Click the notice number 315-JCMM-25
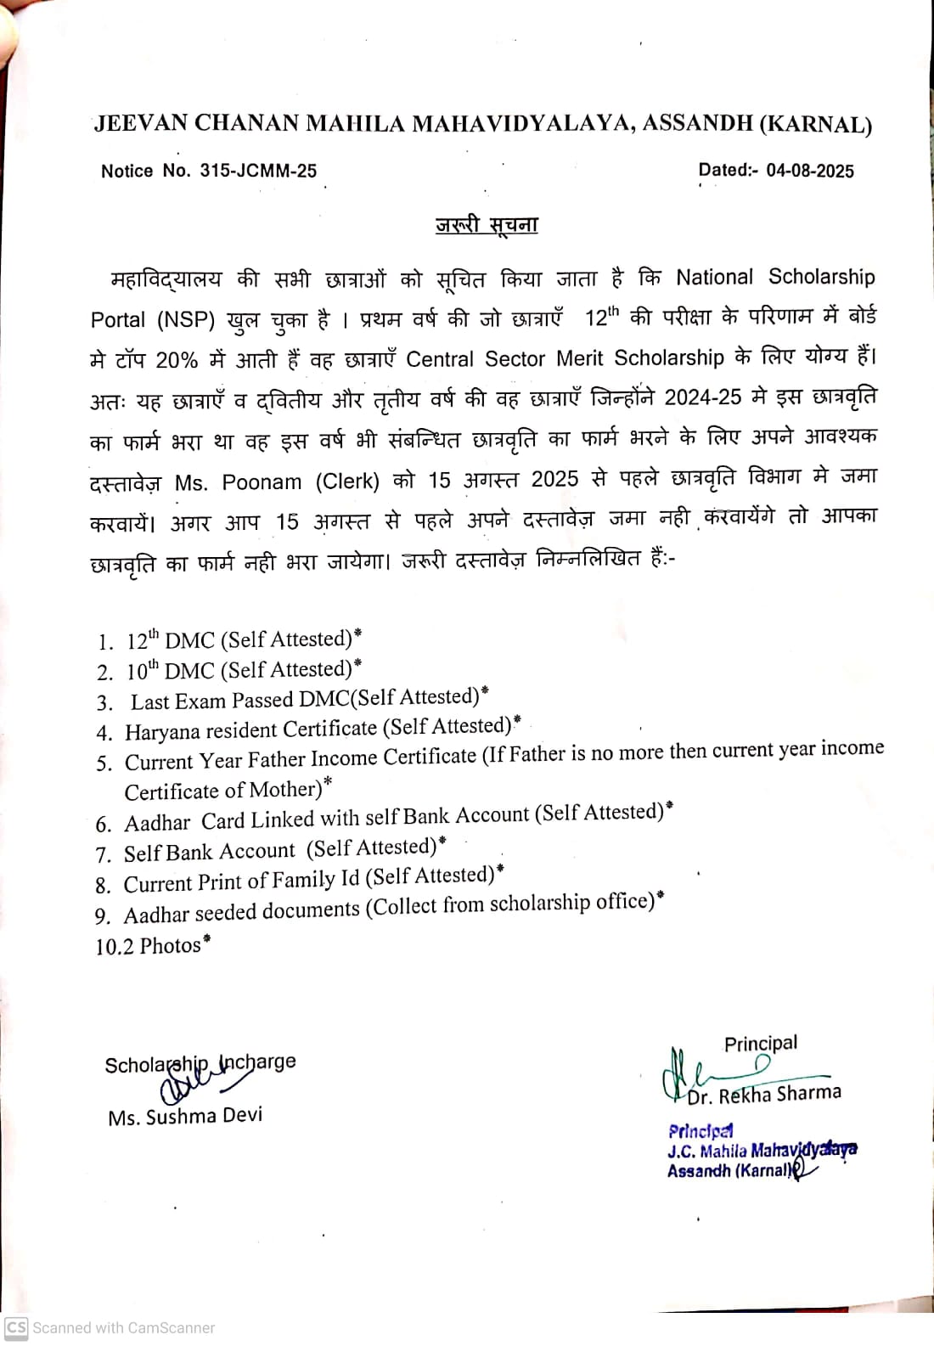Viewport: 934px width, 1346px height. pyautogui.click(x=258, y=171)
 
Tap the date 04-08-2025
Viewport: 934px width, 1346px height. pyautogui.click(x=810, y=170)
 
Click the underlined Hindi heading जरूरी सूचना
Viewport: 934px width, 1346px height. pyautogui.click(x=487, y=225)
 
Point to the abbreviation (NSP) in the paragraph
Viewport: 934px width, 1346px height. pyautogui.click(x=186, y=319)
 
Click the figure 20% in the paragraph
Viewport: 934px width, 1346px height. pyautogui.click(x=177, y=360)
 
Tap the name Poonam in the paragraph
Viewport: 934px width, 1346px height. pyautogui.click(x=262, y=482)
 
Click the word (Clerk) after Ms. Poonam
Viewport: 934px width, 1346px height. pyautogui.click(x=347, y=481)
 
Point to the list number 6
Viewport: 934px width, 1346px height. pyautogui.click(x=104, y=824)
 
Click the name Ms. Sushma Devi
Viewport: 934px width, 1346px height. pyautogui.click(x=185, y=1116)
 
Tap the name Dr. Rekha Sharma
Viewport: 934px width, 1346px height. pyautogui.click(x=764, y=1095)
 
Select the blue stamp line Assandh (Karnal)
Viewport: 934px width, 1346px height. pyautogui.click(x=729, y=1170)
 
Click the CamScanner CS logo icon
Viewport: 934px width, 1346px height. pyautogui.click(x=16, y=1327)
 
